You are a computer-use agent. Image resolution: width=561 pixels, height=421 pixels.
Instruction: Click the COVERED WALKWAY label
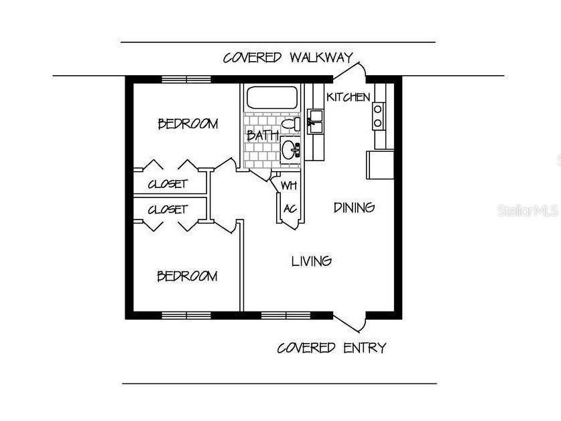[288, 58]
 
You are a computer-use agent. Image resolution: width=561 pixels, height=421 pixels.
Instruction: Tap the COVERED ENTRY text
[332, 348]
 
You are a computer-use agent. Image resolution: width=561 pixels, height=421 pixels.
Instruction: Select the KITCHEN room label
[348, 97]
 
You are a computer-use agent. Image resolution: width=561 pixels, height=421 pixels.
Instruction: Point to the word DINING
[354, 207]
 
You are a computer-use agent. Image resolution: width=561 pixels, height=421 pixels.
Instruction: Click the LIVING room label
[312, 261]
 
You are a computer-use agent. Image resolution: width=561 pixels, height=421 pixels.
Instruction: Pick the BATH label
[262, 136]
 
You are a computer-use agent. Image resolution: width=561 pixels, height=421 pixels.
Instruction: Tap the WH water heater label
[288, 185]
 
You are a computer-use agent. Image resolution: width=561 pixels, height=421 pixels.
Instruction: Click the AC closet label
[290, 208]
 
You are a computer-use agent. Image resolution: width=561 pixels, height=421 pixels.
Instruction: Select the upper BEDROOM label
[188, 124]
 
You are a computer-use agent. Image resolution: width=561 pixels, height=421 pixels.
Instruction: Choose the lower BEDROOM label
[187, 276]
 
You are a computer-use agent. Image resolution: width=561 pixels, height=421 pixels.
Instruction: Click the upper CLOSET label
[168, 184]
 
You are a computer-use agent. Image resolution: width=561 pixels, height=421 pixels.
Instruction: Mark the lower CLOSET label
[168, 209]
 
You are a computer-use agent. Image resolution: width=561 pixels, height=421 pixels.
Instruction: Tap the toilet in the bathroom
[291, 125]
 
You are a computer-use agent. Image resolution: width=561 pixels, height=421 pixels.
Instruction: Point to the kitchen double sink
[315, 122]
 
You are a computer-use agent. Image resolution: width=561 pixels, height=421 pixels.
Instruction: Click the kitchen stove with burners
[379, 115]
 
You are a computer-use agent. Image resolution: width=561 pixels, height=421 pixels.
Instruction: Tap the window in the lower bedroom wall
[186, 314]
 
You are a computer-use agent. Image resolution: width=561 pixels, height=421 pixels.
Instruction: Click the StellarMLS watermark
[528, 211]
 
